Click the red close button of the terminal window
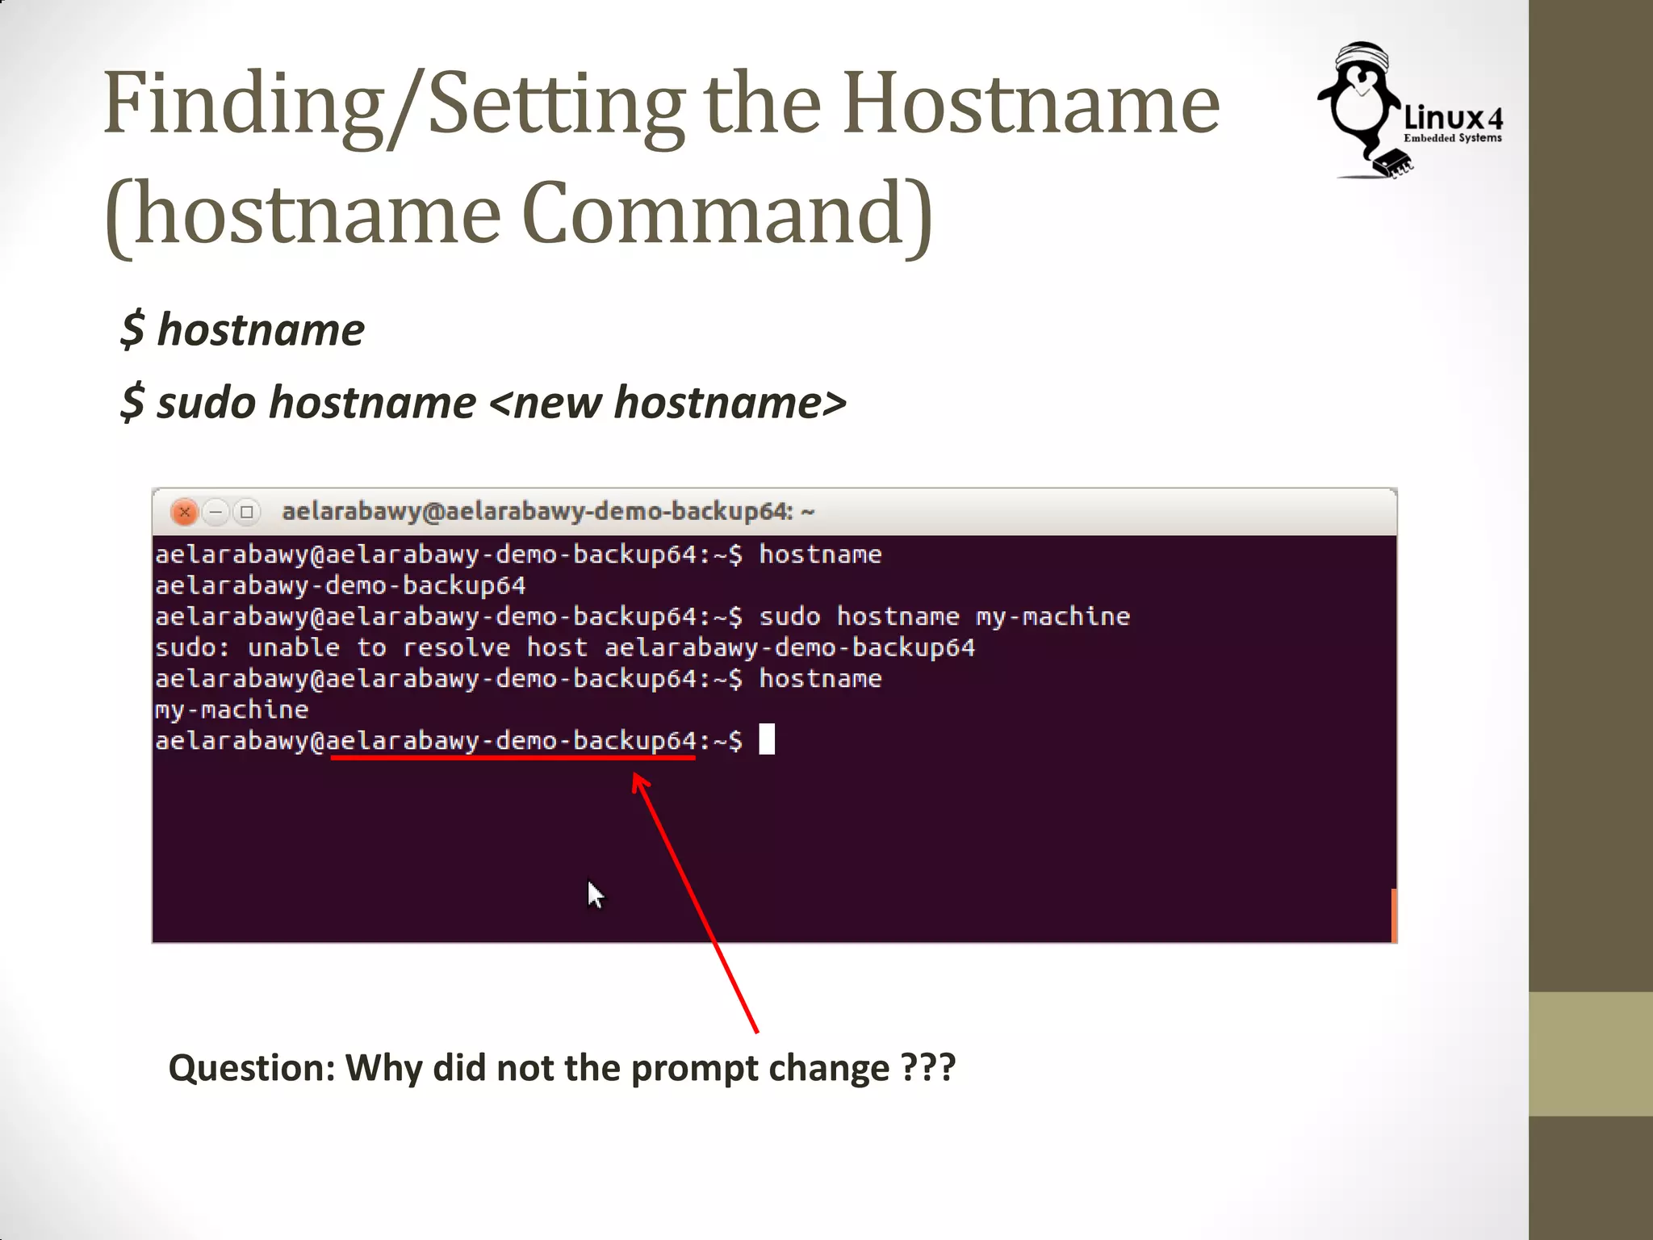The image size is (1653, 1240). click(185, 512)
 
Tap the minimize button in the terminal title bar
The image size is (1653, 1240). click(216, 512)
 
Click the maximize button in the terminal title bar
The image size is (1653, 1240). click(247, 512)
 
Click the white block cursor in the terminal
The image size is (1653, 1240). click(767, 739)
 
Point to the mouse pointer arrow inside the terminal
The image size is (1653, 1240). click(596, 894)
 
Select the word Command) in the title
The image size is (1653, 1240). click(727, 215)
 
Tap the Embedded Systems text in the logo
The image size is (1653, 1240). click(1452, 138)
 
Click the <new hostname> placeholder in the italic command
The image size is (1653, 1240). click(667, 403)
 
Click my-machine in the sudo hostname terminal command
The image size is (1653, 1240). click(1052, 617)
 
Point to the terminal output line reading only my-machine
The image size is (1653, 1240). click(232, 710)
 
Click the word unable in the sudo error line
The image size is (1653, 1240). click(293, 647)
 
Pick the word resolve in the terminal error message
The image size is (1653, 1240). click(456, 647)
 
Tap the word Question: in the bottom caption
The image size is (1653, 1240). click(251, 1068)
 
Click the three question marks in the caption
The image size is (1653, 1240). click(928, 1068)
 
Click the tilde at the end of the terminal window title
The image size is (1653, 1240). click(808, 512)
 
